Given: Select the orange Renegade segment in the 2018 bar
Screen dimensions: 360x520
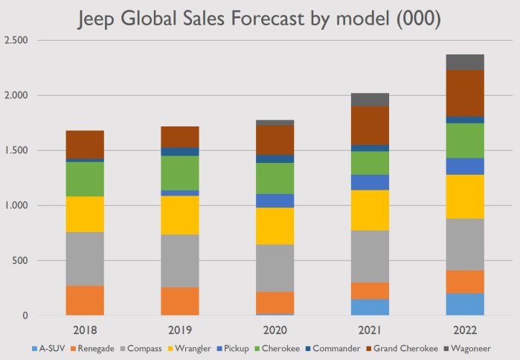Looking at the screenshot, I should pos(85,300).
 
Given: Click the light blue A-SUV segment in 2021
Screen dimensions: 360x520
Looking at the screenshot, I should pos(370,307).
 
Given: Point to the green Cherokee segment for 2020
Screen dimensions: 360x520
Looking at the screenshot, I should pos(275,178).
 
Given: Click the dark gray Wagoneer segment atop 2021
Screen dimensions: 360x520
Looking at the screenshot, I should pos(370,99).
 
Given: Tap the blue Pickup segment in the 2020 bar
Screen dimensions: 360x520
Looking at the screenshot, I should pos(275,200).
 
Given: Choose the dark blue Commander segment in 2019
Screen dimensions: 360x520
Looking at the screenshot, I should pos(180,152).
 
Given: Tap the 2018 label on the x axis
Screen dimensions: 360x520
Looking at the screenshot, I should pos(85,328).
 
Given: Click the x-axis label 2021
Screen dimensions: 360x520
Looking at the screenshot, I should pos(370,328).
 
